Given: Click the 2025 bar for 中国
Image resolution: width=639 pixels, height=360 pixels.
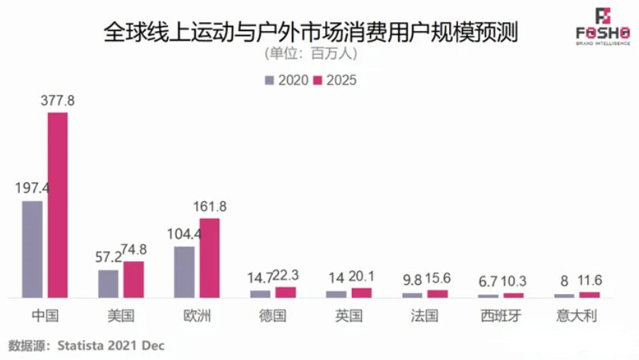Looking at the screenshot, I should pyautogui.click(x=58, y=204).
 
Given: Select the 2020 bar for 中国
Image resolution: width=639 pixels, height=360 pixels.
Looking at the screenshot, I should pyautogui.click(x=33, y=248).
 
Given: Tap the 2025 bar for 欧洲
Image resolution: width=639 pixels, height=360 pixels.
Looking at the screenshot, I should pyautogui.click(x=210, y=257).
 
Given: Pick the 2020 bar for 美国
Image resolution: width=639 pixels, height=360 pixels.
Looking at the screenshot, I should pyautogui.click(x=109, y=283).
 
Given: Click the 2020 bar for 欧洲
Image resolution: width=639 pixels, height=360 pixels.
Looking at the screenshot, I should pyautogui.click(x=185, y=271).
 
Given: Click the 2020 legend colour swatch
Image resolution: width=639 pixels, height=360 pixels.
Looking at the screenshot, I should pyautogui.click(x=270, y=80).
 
